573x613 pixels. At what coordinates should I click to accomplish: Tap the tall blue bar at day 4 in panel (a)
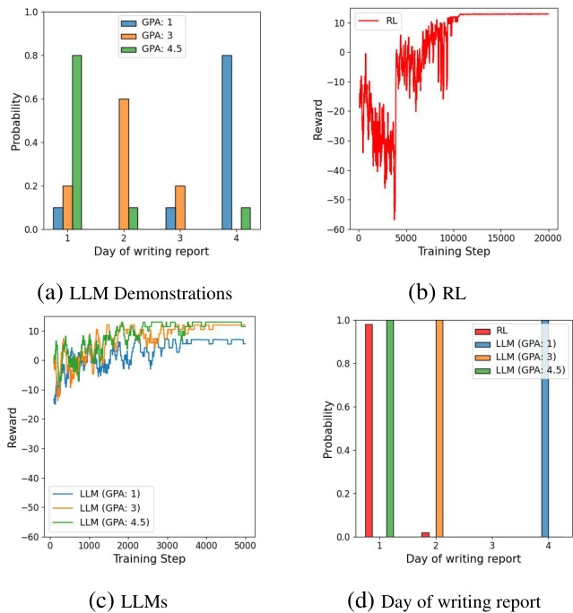(228, 142)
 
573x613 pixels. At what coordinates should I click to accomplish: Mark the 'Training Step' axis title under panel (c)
(149, 558)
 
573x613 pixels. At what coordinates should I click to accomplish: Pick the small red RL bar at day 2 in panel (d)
(425, 534)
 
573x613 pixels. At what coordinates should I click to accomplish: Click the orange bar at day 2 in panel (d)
(439, 428)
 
